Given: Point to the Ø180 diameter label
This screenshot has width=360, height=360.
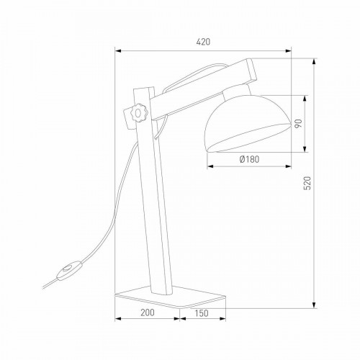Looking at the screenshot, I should click(249, 159).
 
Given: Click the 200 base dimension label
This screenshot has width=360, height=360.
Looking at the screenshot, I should click(147, 313).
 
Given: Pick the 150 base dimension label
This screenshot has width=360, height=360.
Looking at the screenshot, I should click(203, 313).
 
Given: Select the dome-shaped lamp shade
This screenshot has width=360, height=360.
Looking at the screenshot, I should click(247, 122).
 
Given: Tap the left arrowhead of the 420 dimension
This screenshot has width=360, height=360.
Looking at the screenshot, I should click(119, 50).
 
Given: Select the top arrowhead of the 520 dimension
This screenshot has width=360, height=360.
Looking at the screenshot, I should click(315, 60).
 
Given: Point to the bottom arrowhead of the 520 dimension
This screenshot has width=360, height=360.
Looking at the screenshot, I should click(315, 305).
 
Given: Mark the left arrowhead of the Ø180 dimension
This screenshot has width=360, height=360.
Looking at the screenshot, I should click(209, 167).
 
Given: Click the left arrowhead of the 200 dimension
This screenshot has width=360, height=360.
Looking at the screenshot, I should click(119, 322).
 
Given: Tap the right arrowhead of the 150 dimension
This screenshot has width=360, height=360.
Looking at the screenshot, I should click(226, 322).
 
